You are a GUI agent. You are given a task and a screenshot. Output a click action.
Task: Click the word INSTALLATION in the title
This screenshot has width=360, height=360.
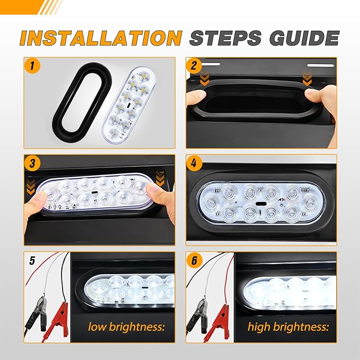pyautogui.click(x=101, y=38)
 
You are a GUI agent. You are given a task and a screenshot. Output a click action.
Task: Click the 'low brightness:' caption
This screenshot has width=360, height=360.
pyautogui.click(x=126, y=326)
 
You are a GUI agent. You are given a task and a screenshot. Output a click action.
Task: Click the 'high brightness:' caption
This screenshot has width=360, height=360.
pyautogui.click(x=288, y=326)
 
